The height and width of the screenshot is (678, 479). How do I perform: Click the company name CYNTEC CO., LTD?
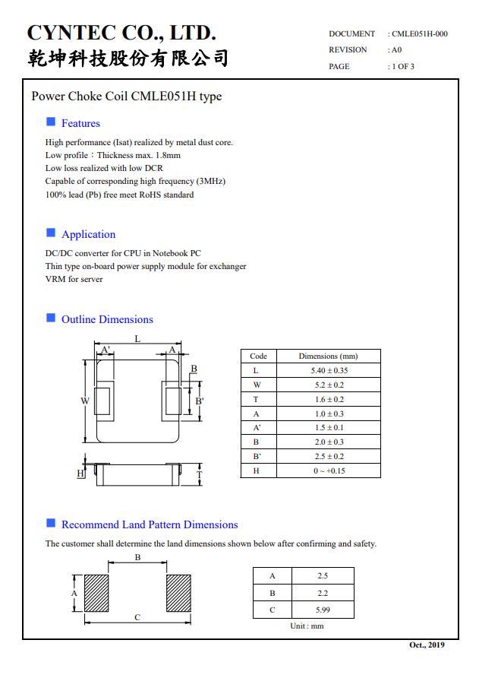click(121, 33)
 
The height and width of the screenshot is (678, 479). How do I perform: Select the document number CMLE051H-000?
click(419, 34)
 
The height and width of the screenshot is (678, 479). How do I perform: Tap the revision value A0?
click(396, 50)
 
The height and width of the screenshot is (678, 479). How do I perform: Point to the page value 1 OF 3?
click(402, 67)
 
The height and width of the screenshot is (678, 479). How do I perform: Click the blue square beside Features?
click(51, 122)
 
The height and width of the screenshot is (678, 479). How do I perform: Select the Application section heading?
click(88, 234)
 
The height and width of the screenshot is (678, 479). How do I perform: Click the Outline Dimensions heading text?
click(107, 319)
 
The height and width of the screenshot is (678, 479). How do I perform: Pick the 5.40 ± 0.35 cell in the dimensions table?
click(328, 371)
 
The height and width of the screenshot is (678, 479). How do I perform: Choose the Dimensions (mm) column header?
click(328, 356)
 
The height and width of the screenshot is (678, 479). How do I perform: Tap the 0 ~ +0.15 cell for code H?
click(328, 471)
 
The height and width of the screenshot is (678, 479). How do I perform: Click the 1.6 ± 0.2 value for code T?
click(328, 400)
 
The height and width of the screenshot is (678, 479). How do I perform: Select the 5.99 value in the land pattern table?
click(323, 610)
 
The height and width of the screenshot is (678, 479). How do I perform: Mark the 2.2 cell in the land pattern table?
click(323, 593)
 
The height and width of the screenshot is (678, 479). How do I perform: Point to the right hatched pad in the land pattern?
click(178, 593)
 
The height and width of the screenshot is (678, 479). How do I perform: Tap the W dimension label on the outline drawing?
click(85, 401)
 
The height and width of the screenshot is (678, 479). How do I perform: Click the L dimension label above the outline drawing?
click(137, 339)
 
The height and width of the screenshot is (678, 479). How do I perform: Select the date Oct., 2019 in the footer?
click(427, 645)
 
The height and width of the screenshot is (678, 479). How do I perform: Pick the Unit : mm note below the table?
click(306, 626)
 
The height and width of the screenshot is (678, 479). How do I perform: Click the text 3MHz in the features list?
click(210, 182)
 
